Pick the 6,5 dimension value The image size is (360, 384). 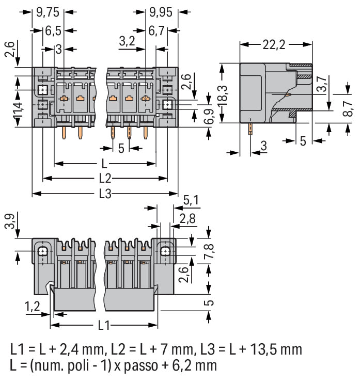[x=53, y=30]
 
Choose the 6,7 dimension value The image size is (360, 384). [x=156, y=30]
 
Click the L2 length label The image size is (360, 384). [x=105, y=179]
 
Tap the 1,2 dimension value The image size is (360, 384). [x=32, y=307]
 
